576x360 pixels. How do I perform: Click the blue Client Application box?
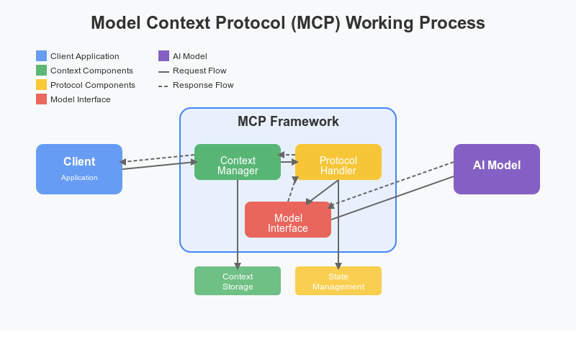[79, 169]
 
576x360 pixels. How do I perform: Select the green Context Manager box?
[238, 162]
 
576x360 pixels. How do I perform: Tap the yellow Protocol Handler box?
[338, 162]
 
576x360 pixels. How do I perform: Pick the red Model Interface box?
[288, 220]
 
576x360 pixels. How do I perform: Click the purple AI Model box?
[497, 169]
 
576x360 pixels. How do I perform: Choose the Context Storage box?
[238, 281]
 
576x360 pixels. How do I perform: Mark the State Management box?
[338, 281]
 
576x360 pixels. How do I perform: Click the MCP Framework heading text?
[288, 122]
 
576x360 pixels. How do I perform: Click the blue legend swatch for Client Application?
[41, 56]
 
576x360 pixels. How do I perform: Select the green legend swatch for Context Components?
[41, 71]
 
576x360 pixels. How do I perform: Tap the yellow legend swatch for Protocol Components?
[41, 85]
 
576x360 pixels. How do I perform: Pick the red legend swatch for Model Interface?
[41, 99]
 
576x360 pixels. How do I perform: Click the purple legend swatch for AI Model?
[163, 56]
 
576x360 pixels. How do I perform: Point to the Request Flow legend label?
[199, 71]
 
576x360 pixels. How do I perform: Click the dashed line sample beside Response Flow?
[163, 85]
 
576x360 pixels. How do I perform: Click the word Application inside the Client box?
[79, 177]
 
